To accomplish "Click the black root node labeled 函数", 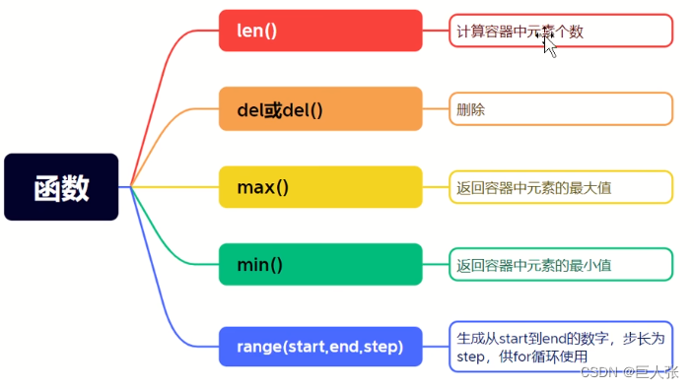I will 61,187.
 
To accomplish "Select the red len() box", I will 320,31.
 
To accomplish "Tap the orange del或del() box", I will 320,109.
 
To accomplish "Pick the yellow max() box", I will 320,187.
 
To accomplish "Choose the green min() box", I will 320,265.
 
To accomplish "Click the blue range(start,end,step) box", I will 320,347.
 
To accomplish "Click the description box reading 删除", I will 560,109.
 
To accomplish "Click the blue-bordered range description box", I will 560,347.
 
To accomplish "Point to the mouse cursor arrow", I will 549,45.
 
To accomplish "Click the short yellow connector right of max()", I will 436,187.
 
